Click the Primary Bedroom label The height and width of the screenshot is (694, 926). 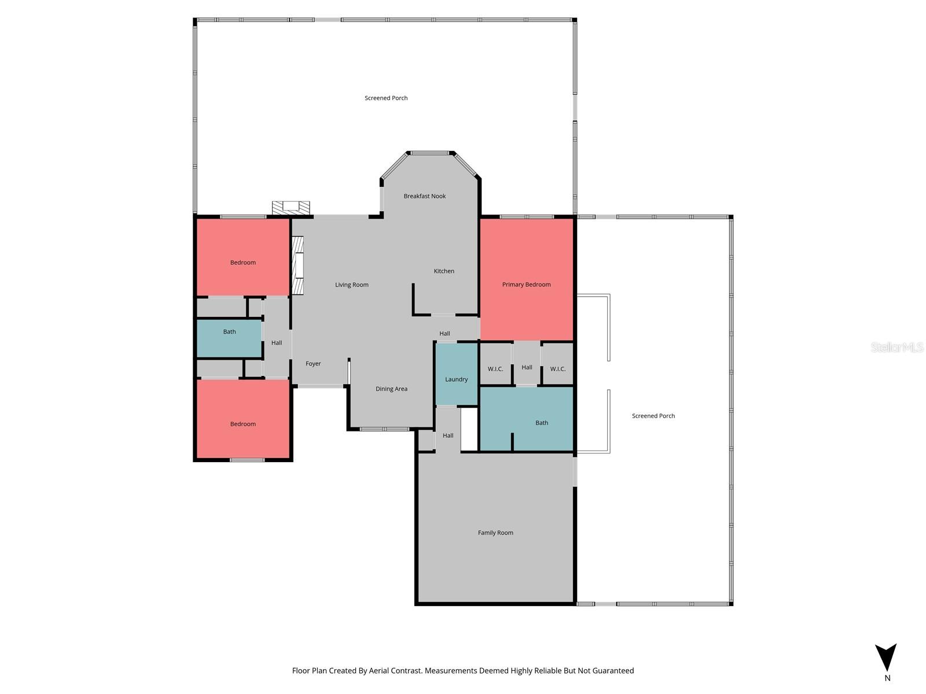[526, 285]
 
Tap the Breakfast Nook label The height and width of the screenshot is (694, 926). [425, 196]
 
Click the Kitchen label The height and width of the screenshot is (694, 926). [444, 271]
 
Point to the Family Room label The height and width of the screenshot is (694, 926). [495, 533]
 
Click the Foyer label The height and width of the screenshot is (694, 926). [313, 364]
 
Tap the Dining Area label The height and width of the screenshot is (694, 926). [391, 389]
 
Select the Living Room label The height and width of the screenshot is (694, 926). [352, 285]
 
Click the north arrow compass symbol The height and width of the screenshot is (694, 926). [885, 658]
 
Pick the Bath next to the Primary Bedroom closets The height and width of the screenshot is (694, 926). [541, 423]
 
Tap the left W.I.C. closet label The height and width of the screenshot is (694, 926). [495, 369]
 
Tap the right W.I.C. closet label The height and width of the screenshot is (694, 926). [557, 369]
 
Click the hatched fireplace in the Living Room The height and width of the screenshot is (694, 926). [298, 266]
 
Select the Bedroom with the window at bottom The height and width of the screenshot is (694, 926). [243, 424]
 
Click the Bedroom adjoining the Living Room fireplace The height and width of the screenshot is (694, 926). [243, 263]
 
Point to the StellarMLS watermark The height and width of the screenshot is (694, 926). [897, 347]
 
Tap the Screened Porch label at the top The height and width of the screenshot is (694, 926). [386, 98]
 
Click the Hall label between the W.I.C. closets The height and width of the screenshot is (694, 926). [527, 367]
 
